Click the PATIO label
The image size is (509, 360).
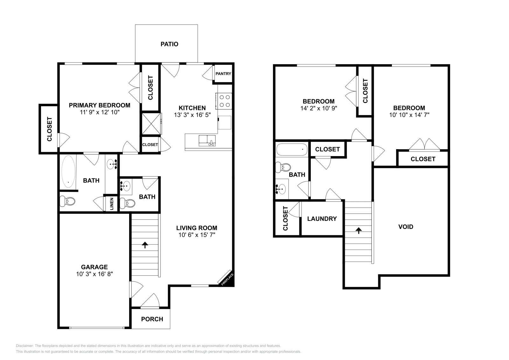click(x=169, y=44)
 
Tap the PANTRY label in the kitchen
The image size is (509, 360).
click(x=223, y=74)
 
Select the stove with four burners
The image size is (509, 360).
click(x=225, y=101)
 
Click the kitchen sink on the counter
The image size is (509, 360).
click(x=207, y=140)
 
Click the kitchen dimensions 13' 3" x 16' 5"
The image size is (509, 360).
click(x=192, y=115)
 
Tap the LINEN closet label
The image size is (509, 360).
click(x=112, y=204)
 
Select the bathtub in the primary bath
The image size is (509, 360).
click(x=68, y=172)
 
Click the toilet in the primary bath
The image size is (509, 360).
click(x=67, y=201)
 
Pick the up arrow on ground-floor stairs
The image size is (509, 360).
click(x=145, y=245)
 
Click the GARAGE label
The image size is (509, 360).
click(x=94, y=267)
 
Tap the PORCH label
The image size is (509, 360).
click(x=152, y=319)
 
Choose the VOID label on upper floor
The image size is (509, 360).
click(x=406, y=227)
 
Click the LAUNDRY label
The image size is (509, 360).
click(x=322, y=219)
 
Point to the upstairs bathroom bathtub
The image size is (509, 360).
click(x=292, y=149)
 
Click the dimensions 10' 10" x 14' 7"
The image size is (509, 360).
click(x=409, y=115)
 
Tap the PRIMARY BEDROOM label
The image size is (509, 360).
click(x=100, y=105)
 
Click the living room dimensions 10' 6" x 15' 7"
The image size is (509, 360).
click(x=197, y=235)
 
